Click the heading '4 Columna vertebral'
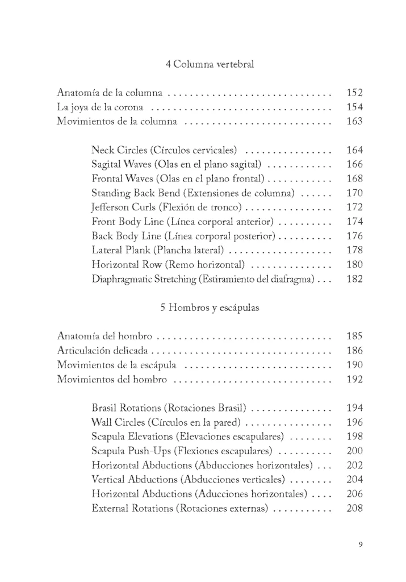coord(209,64)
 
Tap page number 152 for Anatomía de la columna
coord(354,93)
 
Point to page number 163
coord(354,121)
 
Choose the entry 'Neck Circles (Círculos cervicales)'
coord(164,151)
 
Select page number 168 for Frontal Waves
coord(354,179)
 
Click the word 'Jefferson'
coord(111,207)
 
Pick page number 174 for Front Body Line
coord(354,222)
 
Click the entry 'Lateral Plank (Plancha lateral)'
coord(157,250)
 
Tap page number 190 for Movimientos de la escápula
coord(354,365)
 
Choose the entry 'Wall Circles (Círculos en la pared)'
coord(166,422)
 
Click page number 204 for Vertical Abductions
coord(354,479)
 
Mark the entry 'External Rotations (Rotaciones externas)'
coord(179,508)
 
